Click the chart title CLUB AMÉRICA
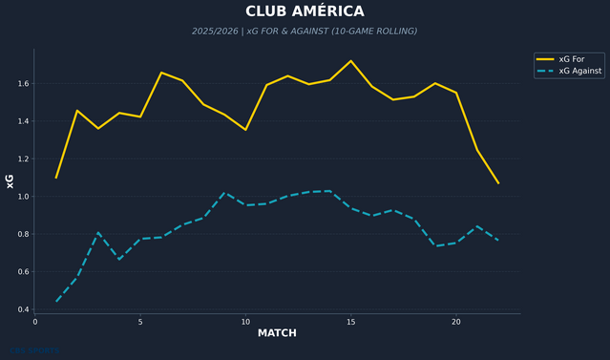pos(305,11)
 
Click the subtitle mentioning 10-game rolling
pos(305,32)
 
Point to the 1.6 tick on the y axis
pos(21,84)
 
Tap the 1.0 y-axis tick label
pos(21,197)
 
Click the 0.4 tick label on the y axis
pos(21,309)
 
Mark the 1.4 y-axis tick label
pos(21,121)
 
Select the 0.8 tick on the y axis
pos(21,234)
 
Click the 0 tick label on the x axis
pos(35,322)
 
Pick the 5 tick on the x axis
pos(140,322)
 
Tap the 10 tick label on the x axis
pos(245,322)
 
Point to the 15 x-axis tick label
pos(351,322)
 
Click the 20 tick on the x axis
pos(456,322)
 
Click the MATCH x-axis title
pos(277,333)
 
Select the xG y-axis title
pos(11,180)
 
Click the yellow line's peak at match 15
pos(351,61)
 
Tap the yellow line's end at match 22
pos(498,183)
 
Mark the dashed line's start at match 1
pos(56,302)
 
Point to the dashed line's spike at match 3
pos(98,232)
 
